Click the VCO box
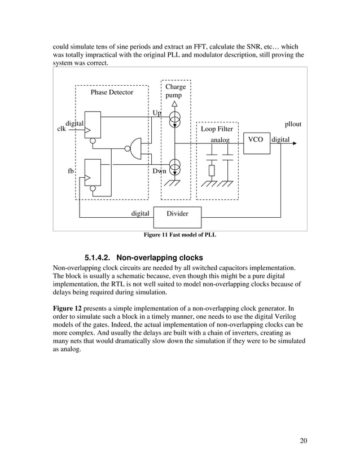click(256, 139)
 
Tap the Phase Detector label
click(112, 92)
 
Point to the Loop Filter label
click(217, 129)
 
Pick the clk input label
click(62, 129)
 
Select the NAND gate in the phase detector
click(136, 148)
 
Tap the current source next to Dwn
click(175, 168)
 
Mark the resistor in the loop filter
click(212, 170)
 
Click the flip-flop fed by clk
click(92, 125)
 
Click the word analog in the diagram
click(220, 139)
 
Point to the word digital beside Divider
click(140, 214)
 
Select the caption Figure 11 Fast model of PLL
click(180, 235)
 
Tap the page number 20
click(303, 441)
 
